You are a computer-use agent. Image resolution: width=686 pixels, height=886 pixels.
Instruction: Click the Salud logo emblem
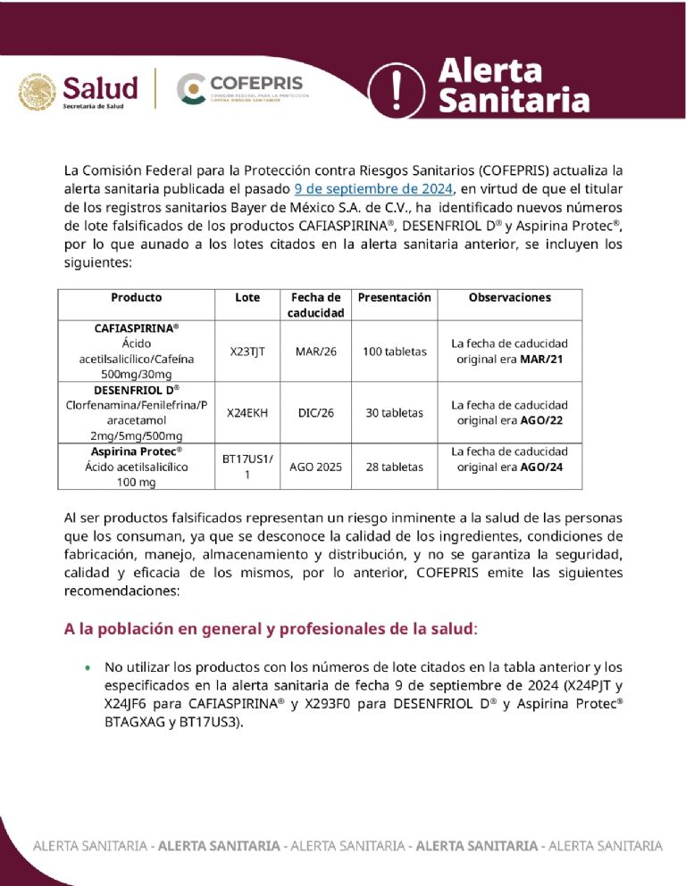(x=38, y=91)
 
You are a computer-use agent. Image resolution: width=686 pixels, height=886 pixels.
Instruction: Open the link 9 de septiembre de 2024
(x=374, y=188)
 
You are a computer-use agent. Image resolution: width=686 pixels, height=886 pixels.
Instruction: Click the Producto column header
(x=137, y=297)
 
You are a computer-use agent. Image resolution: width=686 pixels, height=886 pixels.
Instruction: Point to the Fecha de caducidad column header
(x=315, y=305)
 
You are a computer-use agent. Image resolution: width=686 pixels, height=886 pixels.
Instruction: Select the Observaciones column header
(x=509, y=297)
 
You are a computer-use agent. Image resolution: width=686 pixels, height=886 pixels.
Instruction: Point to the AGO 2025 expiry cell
(x=315, y=467)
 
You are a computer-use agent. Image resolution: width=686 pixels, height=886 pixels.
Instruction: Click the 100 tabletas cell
(x=394, y=352)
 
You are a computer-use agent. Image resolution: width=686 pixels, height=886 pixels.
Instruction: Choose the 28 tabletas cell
(x=394, y=467)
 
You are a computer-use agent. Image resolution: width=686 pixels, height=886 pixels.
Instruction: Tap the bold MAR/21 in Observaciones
(x=543, y=360)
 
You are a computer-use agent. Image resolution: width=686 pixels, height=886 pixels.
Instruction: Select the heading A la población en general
(x=268, y=629)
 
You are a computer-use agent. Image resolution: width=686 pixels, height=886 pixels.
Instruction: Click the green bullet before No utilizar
(x=87, y=667)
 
